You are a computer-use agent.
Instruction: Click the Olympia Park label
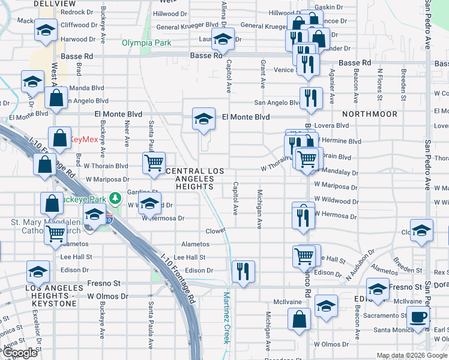[x=146, y=43]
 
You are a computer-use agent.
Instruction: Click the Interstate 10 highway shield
[x=109, y=220]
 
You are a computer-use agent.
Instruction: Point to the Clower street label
[x=215, y=230]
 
